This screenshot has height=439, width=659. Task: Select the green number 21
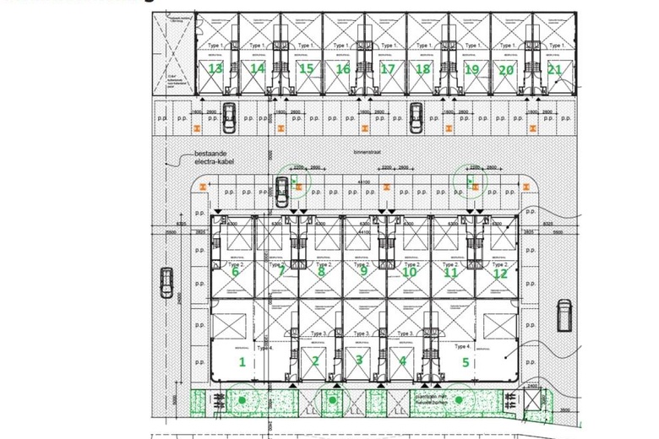553,68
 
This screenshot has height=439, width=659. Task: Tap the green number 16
343,68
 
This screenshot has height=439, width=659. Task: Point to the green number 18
423,68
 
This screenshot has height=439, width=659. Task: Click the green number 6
235,271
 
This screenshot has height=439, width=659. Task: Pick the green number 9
363,271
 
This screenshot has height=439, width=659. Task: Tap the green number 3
359,361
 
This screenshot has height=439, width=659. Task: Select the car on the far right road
564,316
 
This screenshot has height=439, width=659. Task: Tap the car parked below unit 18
416,117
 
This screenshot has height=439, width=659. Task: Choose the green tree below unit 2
333,399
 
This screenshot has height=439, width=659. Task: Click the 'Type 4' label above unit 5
461,346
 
